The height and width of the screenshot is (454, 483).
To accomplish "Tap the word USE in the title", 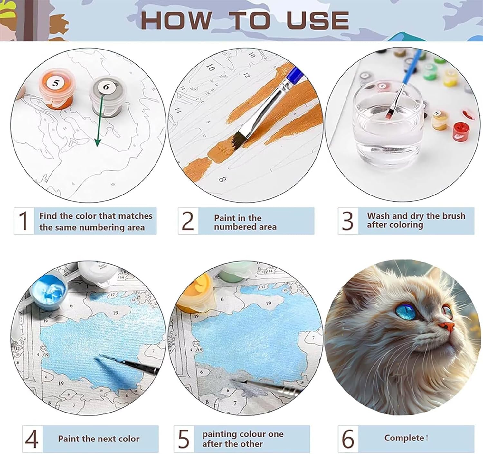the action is [x=317, y=20].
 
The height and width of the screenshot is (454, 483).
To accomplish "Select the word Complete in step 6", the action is [x=404, y=438].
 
